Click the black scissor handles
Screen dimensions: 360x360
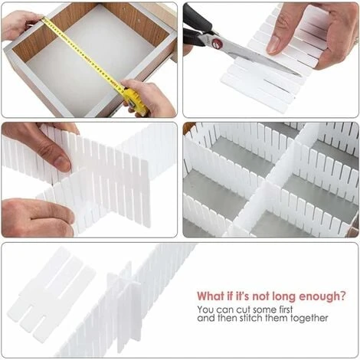coord(197,25)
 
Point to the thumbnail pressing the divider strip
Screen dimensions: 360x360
coord(274,44)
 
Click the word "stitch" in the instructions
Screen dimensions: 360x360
coord(251,318)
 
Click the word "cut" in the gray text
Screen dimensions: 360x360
coord(243,309)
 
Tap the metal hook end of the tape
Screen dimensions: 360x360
coord(44,18)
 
